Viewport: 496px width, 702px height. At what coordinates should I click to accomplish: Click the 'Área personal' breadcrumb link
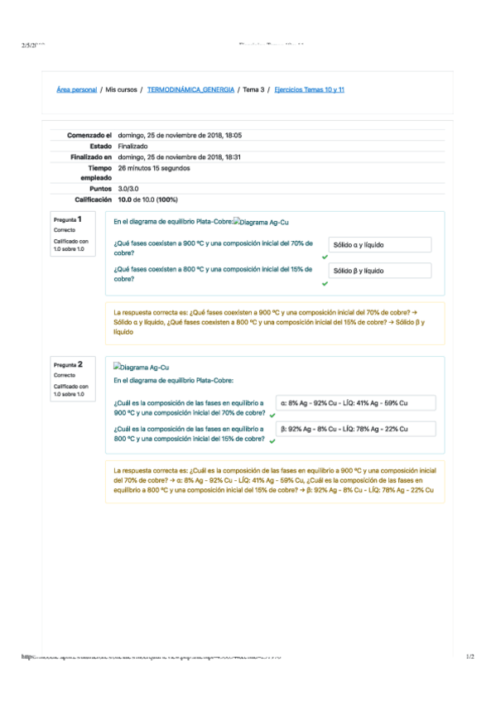tap(76, 89)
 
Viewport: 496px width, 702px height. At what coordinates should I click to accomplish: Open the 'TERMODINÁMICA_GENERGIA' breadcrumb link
tap(190, 89)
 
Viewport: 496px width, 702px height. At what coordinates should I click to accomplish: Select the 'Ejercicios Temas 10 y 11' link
tap(309, 89)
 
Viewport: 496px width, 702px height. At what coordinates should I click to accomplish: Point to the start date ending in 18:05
tap(180, 135)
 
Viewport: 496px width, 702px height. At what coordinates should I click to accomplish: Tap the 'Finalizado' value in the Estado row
tap(132, 146)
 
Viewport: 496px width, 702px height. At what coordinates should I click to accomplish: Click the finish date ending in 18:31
tap(180, 156)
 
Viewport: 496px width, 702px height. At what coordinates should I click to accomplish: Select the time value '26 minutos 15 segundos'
tap(154, 167)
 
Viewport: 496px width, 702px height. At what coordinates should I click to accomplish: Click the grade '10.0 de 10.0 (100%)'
tap(147, 200)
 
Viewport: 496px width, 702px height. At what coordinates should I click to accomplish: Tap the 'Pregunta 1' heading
tap(68, 219)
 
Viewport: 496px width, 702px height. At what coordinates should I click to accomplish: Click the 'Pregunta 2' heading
tap(68, 364)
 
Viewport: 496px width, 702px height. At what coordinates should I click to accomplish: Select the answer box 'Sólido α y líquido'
tap(379, 245)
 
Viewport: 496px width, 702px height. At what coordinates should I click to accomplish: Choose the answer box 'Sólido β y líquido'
tap(379, 271)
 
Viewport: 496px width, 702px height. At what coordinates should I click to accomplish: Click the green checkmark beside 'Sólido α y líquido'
tap(325, 257)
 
